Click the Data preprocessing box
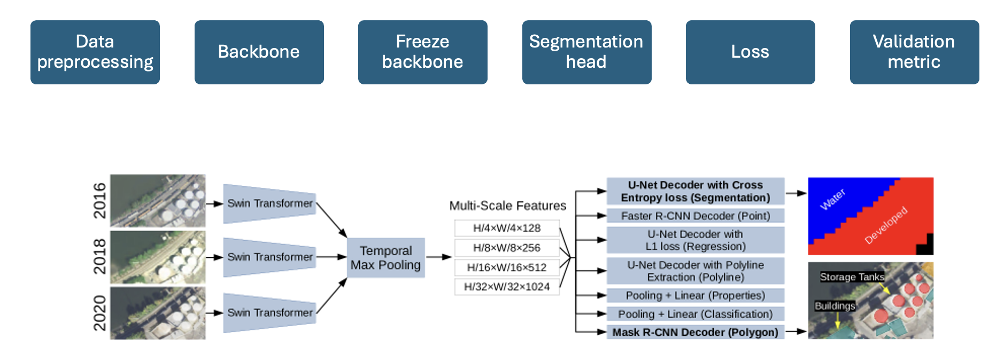95,52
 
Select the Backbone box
259,52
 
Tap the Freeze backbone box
423,52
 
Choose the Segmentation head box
587,52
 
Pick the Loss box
751,52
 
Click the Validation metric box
915,52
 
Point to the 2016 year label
99,201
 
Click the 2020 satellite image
158,313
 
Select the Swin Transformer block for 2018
270,257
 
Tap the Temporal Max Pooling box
386,258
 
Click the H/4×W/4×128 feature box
507,228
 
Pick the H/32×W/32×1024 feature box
507,287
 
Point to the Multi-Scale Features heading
508,206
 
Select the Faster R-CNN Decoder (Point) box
696,216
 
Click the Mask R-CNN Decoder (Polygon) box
696,332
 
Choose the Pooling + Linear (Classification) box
696,314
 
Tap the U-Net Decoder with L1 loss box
696,240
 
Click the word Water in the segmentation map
832,199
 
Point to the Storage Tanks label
852,277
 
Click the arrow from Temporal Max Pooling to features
439,257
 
